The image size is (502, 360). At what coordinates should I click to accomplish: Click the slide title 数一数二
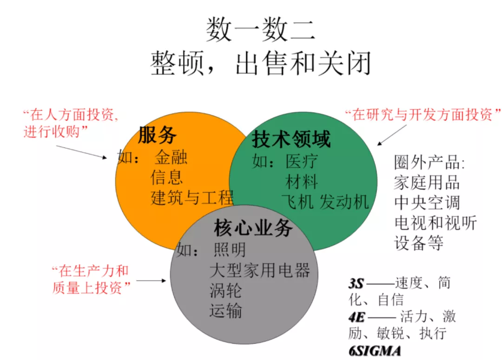coord(260,30)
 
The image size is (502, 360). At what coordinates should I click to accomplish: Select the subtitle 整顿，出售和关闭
coord(260,64)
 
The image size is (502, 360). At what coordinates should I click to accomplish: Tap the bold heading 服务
coord(158,135)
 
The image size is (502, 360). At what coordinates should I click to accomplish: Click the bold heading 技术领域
coord(291,139)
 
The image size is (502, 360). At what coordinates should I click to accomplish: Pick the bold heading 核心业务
coord(253,229)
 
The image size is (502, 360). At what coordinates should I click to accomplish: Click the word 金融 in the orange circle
coord(171,158)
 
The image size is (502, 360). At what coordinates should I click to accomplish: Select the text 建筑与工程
coord(192,198)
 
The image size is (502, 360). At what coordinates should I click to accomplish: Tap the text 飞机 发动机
coord(325,202)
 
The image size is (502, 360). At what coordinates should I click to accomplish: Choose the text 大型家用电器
coord(259,270)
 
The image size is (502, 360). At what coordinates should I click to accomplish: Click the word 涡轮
coord(226,291)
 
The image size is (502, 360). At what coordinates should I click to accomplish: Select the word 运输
coord(226,311)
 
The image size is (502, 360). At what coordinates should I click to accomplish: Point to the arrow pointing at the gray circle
coord(151,280)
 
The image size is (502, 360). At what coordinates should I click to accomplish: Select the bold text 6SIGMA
coord(375,350)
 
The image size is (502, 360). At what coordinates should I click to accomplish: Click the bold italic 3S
coord(356,283)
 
